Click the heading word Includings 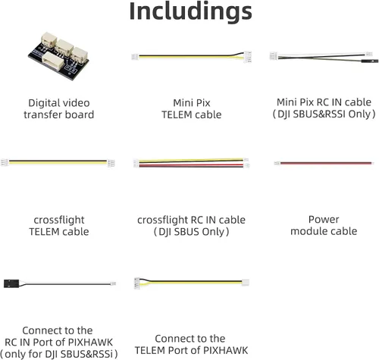(190, 12)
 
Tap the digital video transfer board (58, 56)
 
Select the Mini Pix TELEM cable (191, 56)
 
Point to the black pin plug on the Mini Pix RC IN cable (369, 61)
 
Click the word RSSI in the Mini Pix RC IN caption (334, 114)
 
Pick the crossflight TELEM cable (58, 163)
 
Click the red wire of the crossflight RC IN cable (191, 165)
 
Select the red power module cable (324, 163)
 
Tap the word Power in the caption (324, 220)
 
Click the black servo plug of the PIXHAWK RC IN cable (11, 283)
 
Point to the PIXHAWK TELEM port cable (191, 283)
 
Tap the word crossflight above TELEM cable (59, 220)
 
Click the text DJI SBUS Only (191, 232)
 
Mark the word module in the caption (307, 231)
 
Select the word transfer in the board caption (39, 114)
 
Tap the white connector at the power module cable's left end (277, 163)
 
